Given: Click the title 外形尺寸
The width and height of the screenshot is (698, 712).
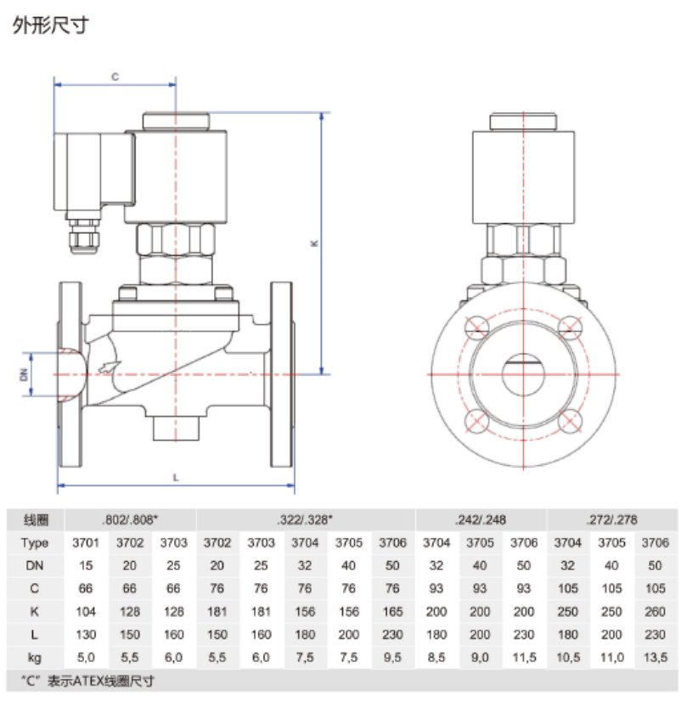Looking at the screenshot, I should coord(50,26).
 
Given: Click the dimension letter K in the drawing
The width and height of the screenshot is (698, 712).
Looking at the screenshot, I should coord(313,244).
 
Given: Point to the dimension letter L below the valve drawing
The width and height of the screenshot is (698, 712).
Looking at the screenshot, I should coord(175,477).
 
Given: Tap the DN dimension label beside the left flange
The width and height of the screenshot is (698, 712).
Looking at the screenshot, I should coord(25,373).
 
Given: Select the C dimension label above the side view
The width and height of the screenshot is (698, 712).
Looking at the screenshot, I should coord(115,76).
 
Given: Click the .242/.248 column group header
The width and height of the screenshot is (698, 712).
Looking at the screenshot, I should coord(481,519).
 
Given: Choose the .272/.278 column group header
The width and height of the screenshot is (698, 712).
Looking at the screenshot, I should coord(611,519).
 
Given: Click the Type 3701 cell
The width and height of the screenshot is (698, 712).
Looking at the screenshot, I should coord(87,543).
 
